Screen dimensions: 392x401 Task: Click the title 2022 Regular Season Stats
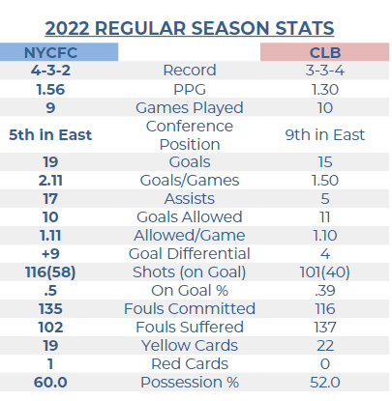[190, 28]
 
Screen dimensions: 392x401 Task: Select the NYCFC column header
[50, 53]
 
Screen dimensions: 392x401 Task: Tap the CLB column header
[325, 53]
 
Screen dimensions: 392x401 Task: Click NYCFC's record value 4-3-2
[50, 71]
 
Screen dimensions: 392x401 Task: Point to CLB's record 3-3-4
[325, 71]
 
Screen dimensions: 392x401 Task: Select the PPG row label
[190, 89]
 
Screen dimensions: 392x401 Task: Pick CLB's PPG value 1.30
[325, 89]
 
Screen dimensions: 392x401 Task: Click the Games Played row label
[190, 108]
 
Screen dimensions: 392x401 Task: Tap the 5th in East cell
[50, 134]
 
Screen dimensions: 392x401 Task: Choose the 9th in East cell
[325, 134]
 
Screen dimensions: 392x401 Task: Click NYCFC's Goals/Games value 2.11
[50, 181]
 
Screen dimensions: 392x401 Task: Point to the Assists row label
[190, 199]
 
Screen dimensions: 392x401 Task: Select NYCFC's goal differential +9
[50, 254]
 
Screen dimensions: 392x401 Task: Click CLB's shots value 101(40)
[325, 272]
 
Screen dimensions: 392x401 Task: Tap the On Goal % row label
[190, 291]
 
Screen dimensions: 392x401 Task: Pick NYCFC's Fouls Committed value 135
[50, 309]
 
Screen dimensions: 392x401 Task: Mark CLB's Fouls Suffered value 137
[325, 328]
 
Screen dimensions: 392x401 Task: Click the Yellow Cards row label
[190, 346]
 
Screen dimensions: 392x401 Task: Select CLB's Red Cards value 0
[325, 364]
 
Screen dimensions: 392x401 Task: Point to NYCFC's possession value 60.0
[50, 383]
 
